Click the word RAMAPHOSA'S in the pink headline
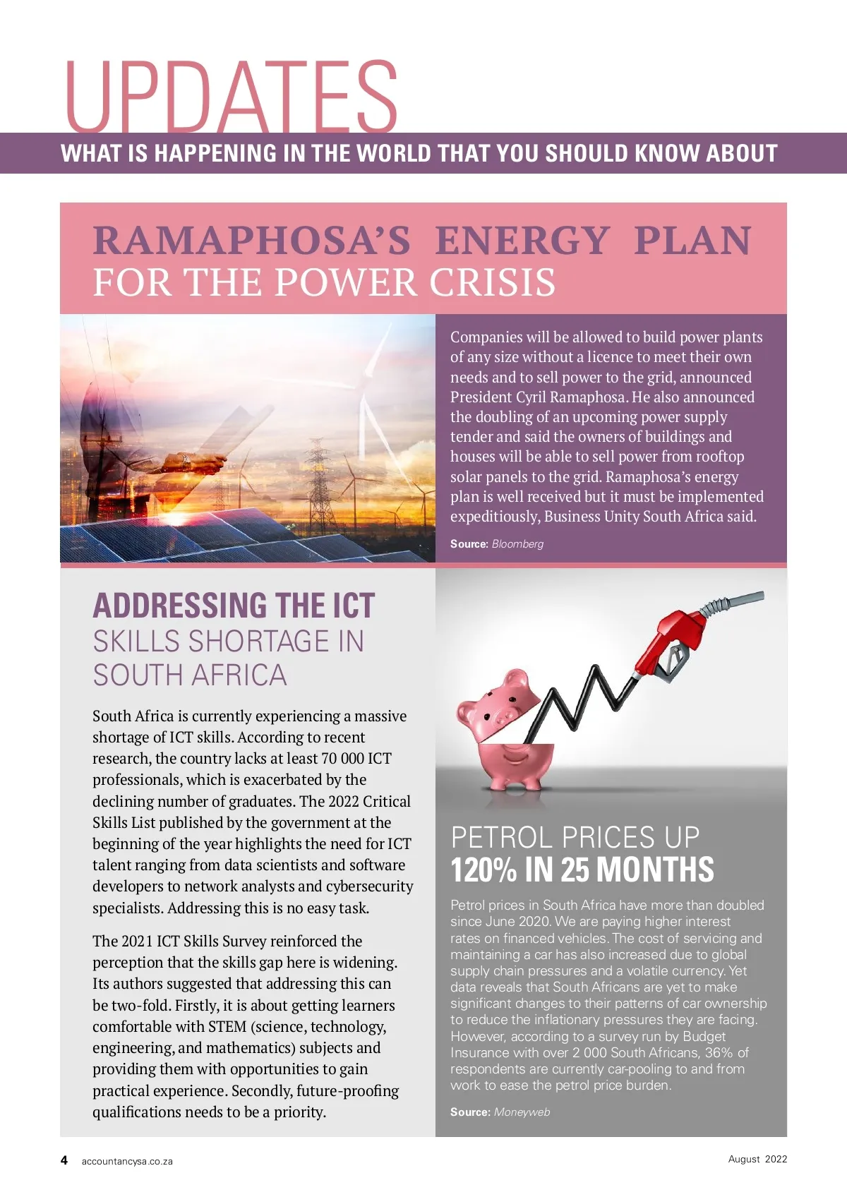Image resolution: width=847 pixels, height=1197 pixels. [251, 241]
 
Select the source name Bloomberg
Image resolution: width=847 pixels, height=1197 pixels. [517, 544]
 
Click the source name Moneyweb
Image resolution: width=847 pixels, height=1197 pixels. [522, 1112]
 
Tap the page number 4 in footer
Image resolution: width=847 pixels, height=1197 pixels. [64, 1160]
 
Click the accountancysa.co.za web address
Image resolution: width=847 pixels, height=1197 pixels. [127, 1161]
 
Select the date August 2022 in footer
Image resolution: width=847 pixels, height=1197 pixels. [757, 1159]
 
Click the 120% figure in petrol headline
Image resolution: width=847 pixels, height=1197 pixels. [483, 870]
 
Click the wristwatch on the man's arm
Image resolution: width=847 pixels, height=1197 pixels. [186, 462]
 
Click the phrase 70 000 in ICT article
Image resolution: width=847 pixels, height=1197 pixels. [343, 759]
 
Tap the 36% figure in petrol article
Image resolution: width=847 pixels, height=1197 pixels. [719, 1053]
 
